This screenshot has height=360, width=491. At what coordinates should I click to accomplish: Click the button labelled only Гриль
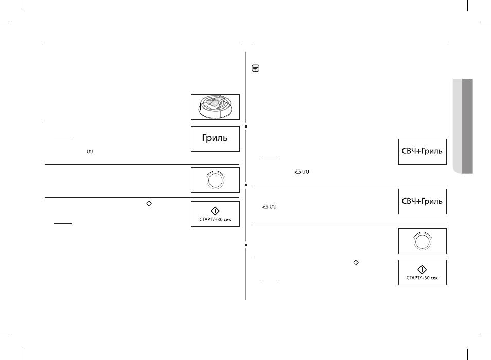215,139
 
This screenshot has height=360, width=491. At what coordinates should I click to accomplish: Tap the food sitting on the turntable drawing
214,102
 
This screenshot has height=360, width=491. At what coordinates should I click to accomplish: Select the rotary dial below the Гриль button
216,181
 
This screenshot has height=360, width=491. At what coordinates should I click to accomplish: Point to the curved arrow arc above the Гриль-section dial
216,172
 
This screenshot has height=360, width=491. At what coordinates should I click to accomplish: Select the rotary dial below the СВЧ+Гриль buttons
422,242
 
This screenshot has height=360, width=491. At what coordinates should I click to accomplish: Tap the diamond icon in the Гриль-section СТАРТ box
215,211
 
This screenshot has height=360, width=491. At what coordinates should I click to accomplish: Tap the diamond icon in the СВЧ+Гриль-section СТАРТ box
422,269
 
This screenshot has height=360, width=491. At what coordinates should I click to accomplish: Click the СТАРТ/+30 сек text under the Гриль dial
215,219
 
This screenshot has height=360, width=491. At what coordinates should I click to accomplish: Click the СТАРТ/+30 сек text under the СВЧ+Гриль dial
422,278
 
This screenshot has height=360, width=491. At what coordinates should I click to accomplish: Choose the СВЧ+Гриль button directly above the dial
423,202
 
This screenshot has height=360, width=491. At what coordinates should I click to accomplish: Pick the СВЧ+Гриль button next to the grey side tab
423,152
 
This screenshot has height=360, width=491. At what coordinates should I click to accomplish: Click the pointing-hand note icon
255,68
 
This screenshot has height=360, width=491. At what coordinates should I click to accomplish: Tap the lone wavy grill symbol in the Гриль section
90,152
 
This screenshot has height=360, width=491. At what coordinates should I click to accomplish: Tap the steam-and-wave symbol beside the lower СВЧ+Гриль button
269,206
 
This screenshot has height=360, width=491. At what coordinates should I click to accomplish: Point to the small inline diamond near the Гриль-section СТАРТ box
149,203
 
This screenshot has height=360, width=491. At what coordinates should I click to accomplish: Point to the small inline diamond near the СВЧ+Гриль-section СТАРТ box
356,262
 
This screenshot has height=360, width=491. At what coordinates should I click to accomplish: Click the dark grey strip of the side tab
467,126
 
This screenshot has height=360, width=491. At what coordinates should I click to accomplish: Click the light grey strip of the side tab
457,126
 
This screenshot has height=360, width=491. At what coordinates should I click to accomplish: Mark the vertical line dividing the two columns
246,176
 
